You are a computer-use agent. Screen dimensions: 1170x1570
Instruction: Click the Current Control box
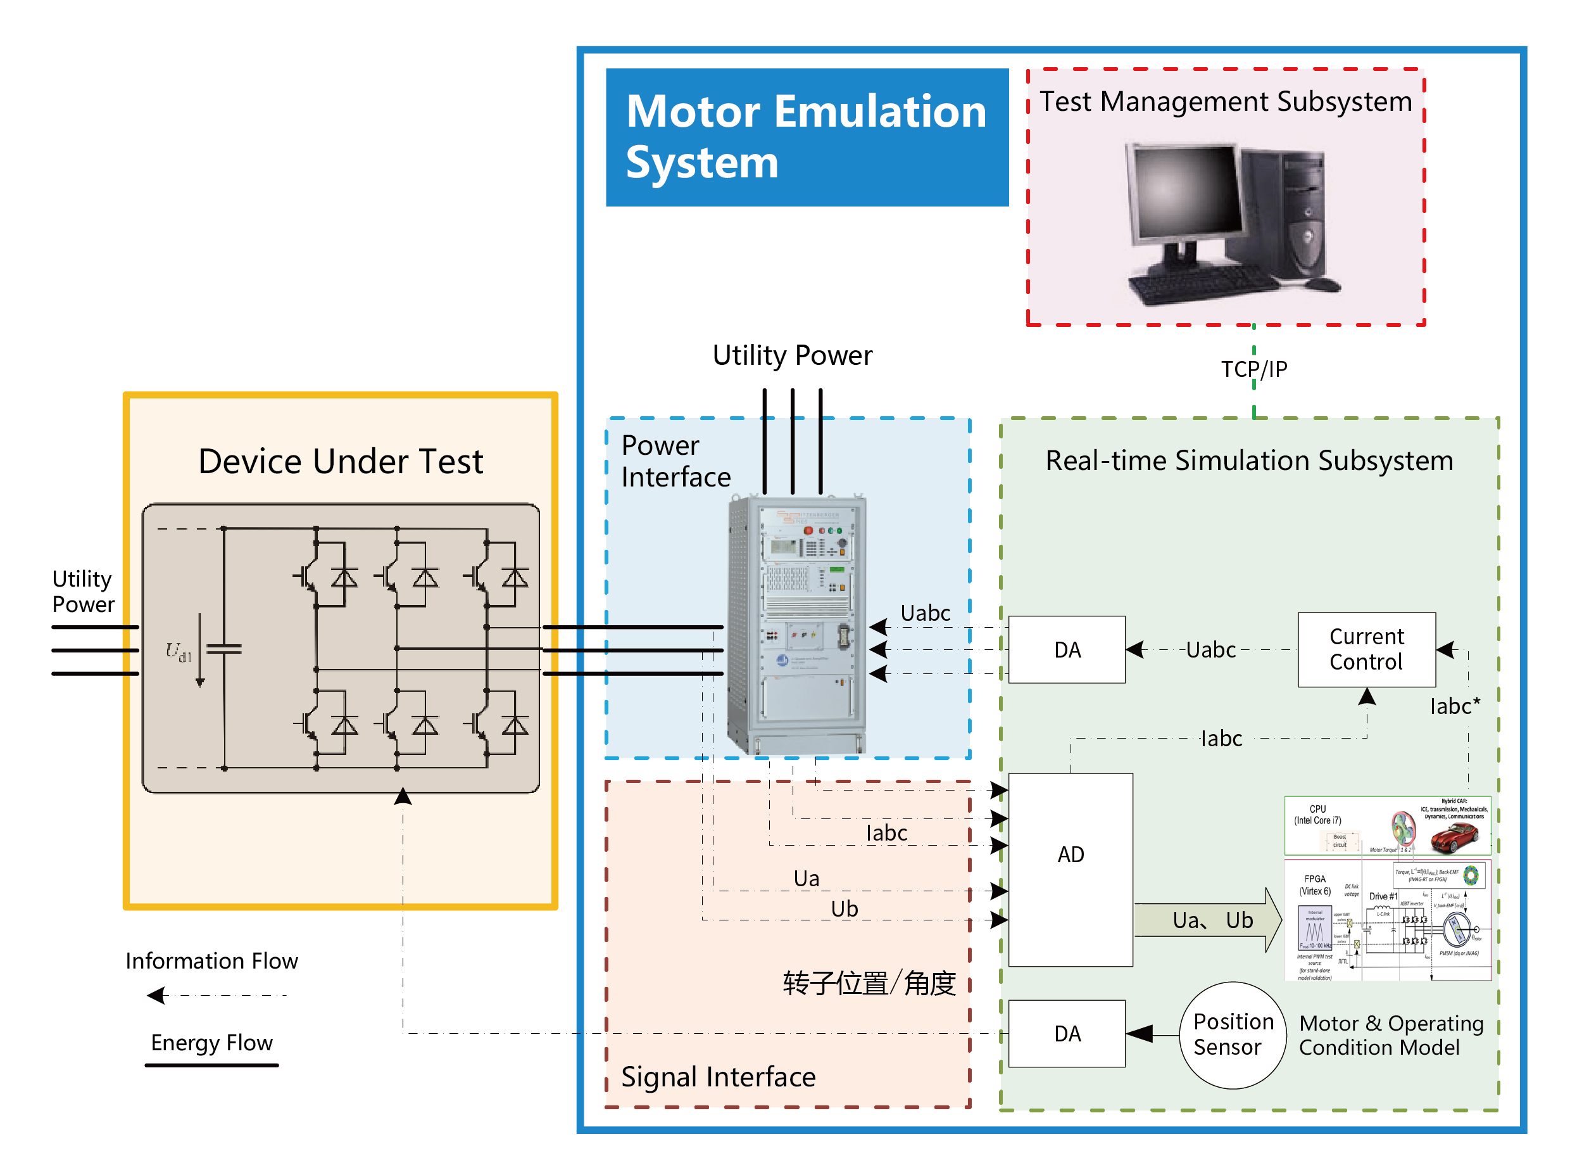(1366, 649)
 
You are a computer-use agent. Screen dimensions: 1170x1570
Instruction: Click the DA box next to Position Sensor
(1066, 1033)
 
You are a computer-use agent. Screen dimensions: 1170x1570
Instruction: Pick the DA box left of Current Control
(1066, 649)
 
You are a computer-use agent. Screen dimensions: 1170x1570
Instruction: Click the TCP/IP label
(1253, 369)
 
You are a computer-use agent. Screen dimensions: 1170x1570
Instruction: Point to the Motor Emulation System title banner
(807, 137)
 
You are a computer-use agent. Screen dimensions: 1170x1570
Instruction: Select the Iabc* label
(1454, 706)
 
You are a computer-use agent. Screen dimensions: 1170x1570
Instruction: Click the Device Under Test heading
(340, 462)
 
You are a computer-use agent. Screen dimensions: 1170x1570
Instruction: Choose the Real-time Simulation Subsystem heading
(1248, 461)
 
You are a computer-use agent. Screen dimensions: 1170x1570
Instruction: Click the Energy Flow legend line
(211, 1064)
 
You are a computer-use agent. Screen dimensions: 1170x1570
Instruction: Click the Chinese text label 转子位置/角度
(869, 983)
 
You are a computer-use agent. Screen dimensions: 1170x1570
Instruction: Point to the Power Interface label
(675, 461)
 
